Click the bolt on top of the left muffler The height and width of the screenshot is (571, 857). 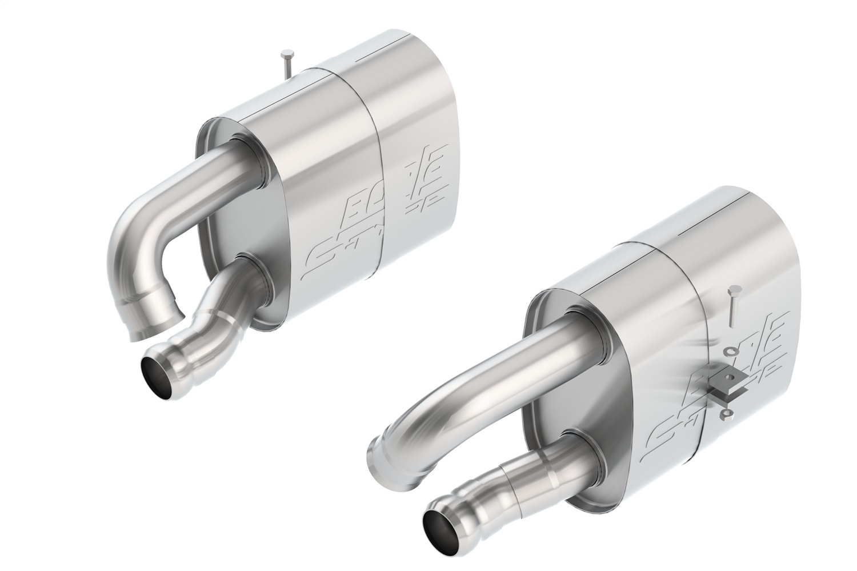[287, 65]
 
